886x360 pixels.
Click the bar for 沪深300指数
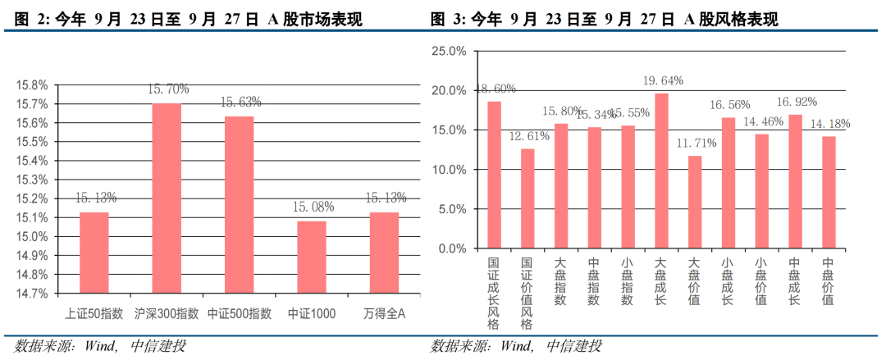[x=167, y=198]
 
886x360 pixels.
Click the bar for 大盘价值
[x=695, y=202]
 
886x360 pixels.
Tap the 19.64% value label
[x=663, y=80]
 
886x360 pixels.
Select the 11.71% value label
[x=696, y=143]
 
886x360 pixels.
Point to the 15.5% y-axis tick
[x=32, y=142]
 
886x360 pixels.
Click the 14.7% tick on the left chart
[x=32, y=294]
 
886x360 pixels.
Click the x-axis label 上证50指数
[x=94, y=314]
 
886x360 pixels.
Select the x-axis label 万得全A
[x=385, y=314]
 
